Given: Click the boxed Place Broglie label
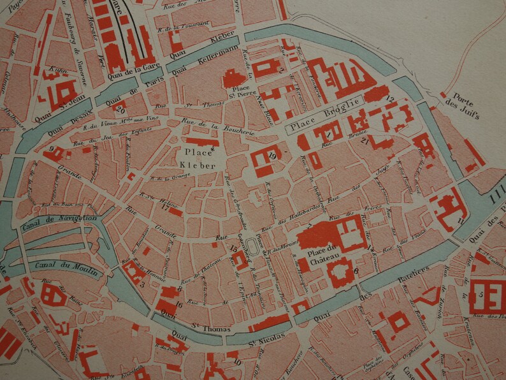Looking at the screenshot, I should point(322,122).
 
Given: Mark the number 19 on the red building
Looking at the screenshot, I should point(272,155).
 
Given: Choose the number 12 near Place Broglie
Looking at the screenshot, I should point(390,98).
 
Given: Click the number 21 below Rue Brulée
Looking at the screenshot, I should point(364,141).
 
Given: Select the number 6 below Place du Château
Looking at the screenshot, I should point(356,270).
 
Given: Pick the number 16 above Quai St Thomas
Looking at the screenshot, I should point(180,303).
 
